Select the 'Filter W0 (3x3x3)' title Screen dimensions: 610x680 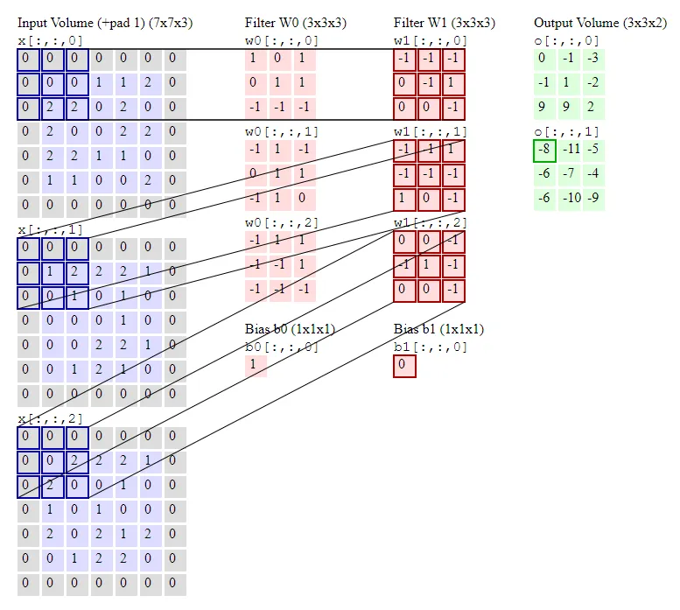click(295, 23)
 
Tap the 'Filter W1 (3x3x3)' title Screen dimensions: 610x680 click(445, 23)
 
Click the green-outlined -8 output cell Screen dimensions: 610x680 click(544, 151)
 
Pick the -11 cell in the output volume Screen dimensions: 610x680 click(570, 151)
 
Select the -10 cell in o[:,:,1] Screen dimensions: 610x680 click(570, 198)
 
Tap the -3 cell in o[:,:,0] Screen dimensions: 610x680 click(593, 59)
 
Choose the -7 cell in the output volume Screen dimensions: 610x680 click(570, 174)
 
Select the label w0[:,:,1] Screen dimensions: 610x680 click(282, 131)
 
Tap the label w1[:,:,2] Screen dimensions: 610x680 click(431, 222)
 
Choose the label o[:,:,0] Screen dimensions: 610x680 click(567, 40)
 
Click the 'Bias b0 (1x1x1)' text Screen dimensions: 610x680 click(290, 329)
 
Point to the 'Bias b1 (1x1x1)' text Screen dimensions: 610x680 click(438, 329)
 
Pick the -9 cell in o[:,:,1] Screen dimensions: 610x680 click(593, 198)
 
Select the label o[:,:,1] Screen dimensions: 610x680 click(567, 131)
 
